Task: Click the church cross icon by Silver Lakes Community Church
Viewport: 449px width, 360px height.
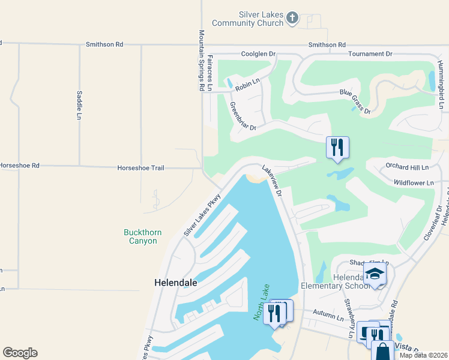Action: [x=292, y=17]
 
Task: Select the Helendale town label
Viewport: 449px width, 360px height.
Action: [x=176, y=281]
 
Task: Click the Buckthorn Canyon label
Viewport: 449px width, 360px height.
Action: [x=140, y=236]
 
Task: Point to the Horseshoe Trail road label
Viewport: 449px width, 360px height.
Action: [x=141, y=168]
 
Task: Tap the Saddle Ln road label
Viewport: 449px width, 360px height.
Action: [x=79, y=105]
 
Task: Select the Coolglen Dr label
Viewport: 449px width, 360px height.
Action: [x=258, y=54]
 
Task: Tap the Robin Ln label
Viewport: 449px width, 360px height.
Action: [x=247, y=86]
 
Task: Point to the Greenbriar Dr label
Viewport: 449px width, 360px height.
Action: [x=243, y=116]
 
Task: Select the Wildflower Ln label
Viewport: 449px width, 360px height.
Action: [x=413, y=182]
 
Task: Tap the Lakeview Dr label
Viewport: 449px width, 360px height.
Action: [x=272, y=180]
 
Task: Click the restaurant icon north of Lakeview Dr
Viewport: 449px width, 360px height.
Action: [x=337, y=147]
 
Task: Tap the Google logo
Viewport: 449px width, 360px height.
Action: [x=20, y=352]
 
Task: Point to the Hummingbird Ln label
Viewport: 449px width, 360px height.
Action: [x=441, y=85]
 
